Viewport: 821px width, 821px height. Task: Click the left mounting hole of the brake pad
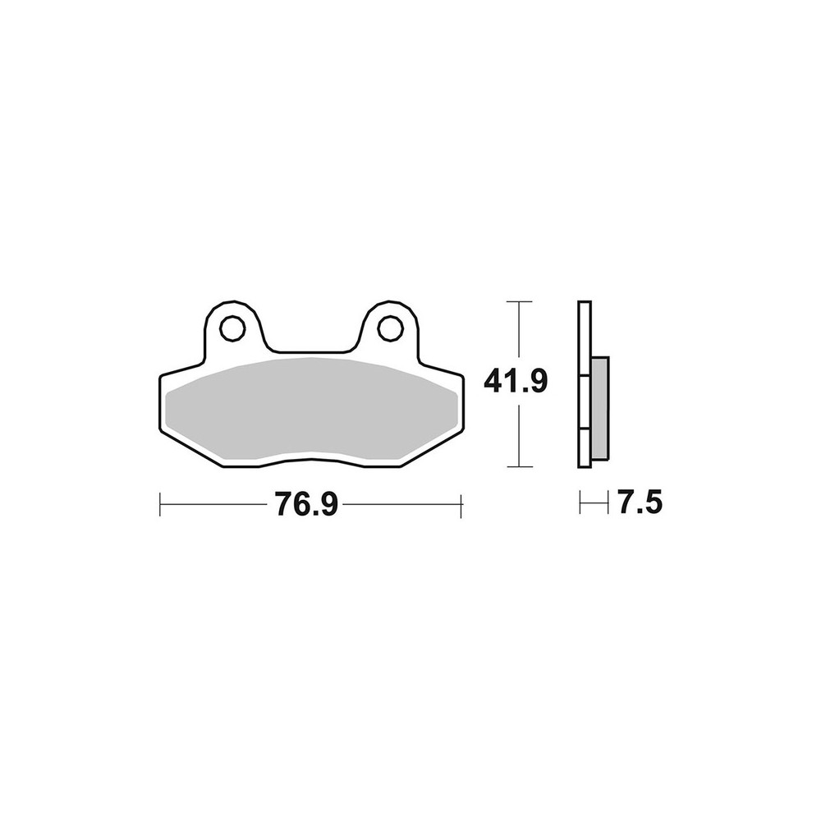(x=232, y=328)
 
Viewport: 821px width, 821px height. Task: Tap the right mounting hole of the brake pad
(x=390, y=328)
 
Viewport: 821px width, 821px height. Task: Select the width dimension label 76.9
(x=307, y=505)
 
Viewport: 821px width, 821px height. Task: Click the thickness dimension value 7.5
(x=640, y=503)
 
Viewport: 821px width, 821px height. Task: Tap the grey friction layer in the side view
(x=600, y=410)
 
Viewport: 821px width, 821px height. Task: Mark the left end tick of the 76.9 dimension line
(x=160, y=505)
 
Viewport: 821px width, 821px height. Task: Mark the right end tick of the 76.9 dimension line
(x=461, y=505)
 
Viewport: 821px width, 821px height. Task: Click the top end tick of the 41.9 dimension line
(x=518, y=301)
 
